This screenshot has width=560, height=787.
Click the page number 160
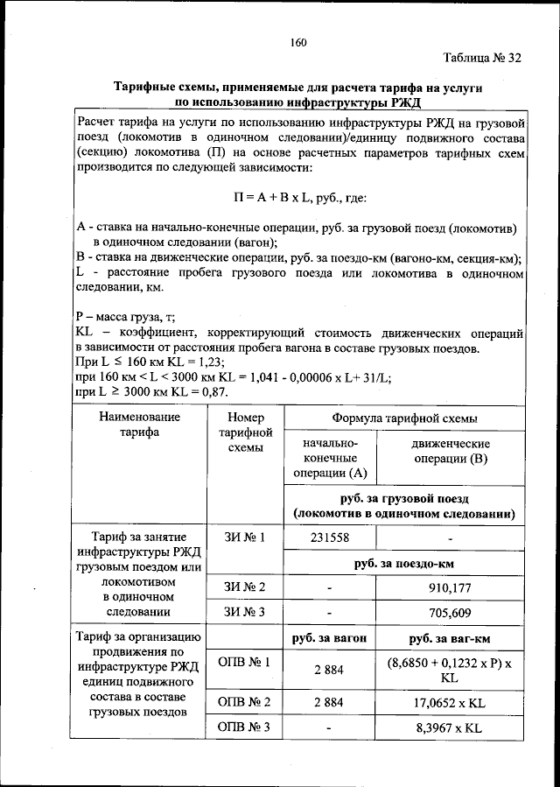(x=297, y=41)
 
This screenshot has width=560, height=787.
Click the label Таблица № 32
(x=482, y=59)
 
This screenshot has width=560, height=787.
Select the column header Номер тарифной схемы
(x=245, y=432)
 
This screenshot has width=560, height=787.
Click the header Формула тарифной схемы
(x=404, y=418)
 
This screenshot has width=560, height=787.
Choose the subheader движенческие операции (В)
(x=450, y=452)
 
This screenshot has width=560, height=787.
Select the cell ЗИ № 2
(x=245, y=587)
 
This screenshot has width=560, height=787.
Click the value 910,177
(x=450, y=587)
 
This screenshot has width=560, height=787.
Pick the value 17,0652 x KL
(x=450, y=702)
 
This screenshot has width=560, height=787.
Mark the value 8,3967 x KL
(x=450, y=728)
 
